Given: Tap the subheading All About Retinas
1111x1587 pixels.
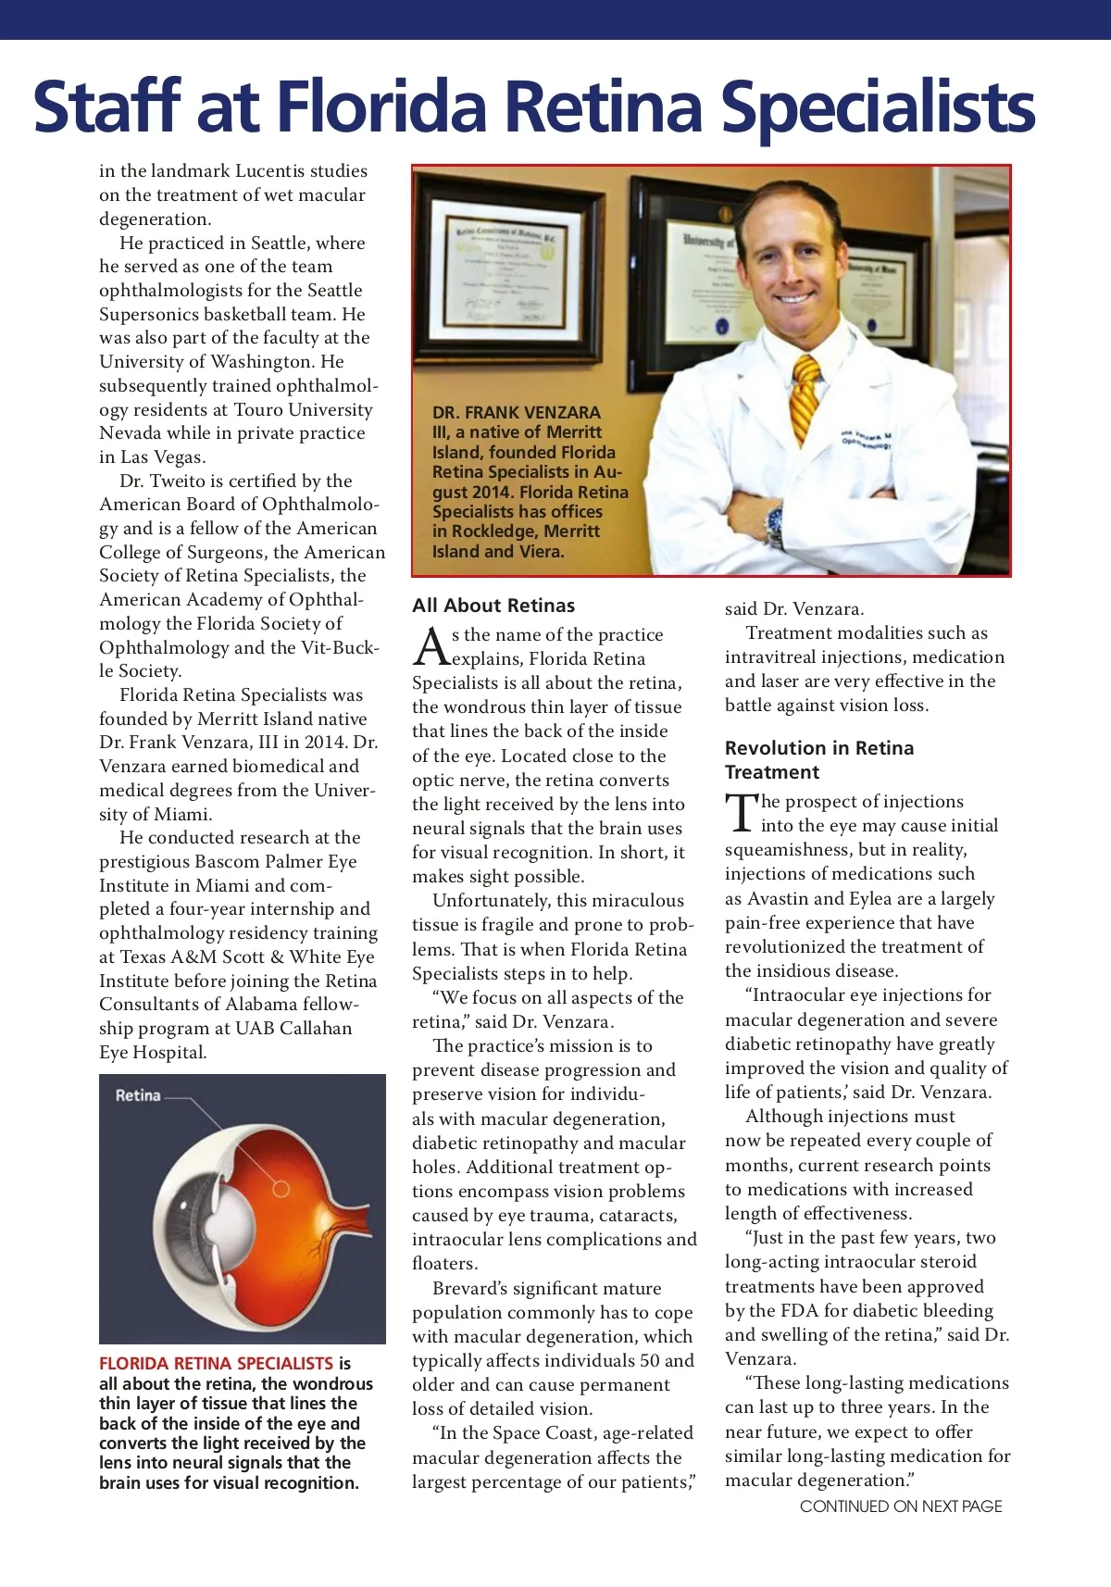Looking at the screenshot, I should [x=493, y=606].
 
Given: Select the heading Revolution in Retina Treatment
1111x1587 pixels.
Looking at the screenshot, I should [x=818, y=760].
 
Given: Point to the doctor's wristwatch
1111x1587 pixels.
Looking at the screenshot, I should [x=774, y=525].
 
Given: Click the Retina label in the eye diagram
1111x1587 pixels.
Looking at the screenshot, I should [x=138, y=1095].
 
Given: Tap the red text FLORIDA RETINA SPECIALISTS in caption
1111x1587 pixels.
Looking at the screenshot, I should [x=216, y=1363].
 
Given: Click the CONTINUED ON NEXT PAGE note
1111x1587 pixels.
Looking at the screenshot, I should [x=901, y=1506].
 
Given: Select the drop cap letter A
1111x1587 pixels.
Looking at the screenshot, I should [x=431, y=647].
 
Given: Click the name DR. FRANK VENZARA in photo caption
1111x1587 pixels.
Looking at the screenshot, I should [x=517, y=413].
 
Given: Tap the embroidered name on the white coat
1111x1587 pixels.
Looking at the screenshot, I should [x=866, y=439].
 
